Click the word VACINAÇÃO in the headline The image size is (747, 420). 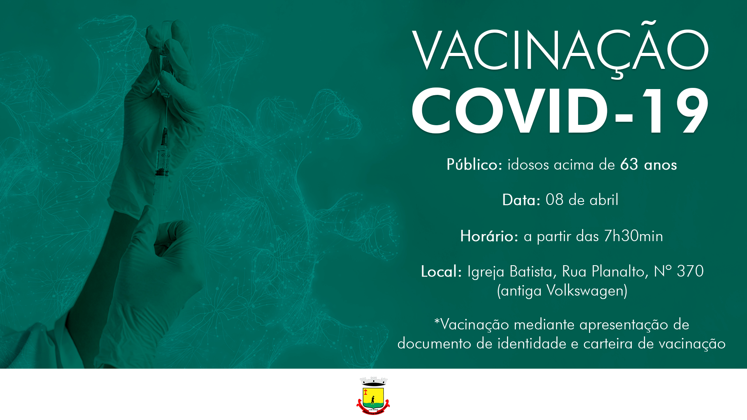click(x=560, y=50)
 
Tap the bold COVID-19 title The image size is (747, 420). click(x=560, y=110)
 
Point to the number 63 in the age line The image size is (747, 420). click(x=629, y=164)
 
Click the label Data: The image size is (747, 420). click(x=521, y=200)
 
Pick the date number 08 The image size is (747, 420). click(x=554, y=200)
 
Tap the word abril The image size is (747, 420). click(x=604, y=200)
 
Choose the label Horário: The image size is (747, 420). click(x=489, y=236)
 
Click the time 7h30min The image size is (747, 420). click(x=633, y=236)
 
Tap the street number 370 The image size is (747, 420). click(x=690, y=271)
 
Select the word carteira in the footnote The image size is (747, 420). click(x=608, y=343)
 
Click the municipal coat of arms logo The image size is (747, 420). click(x=373, y=395)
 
